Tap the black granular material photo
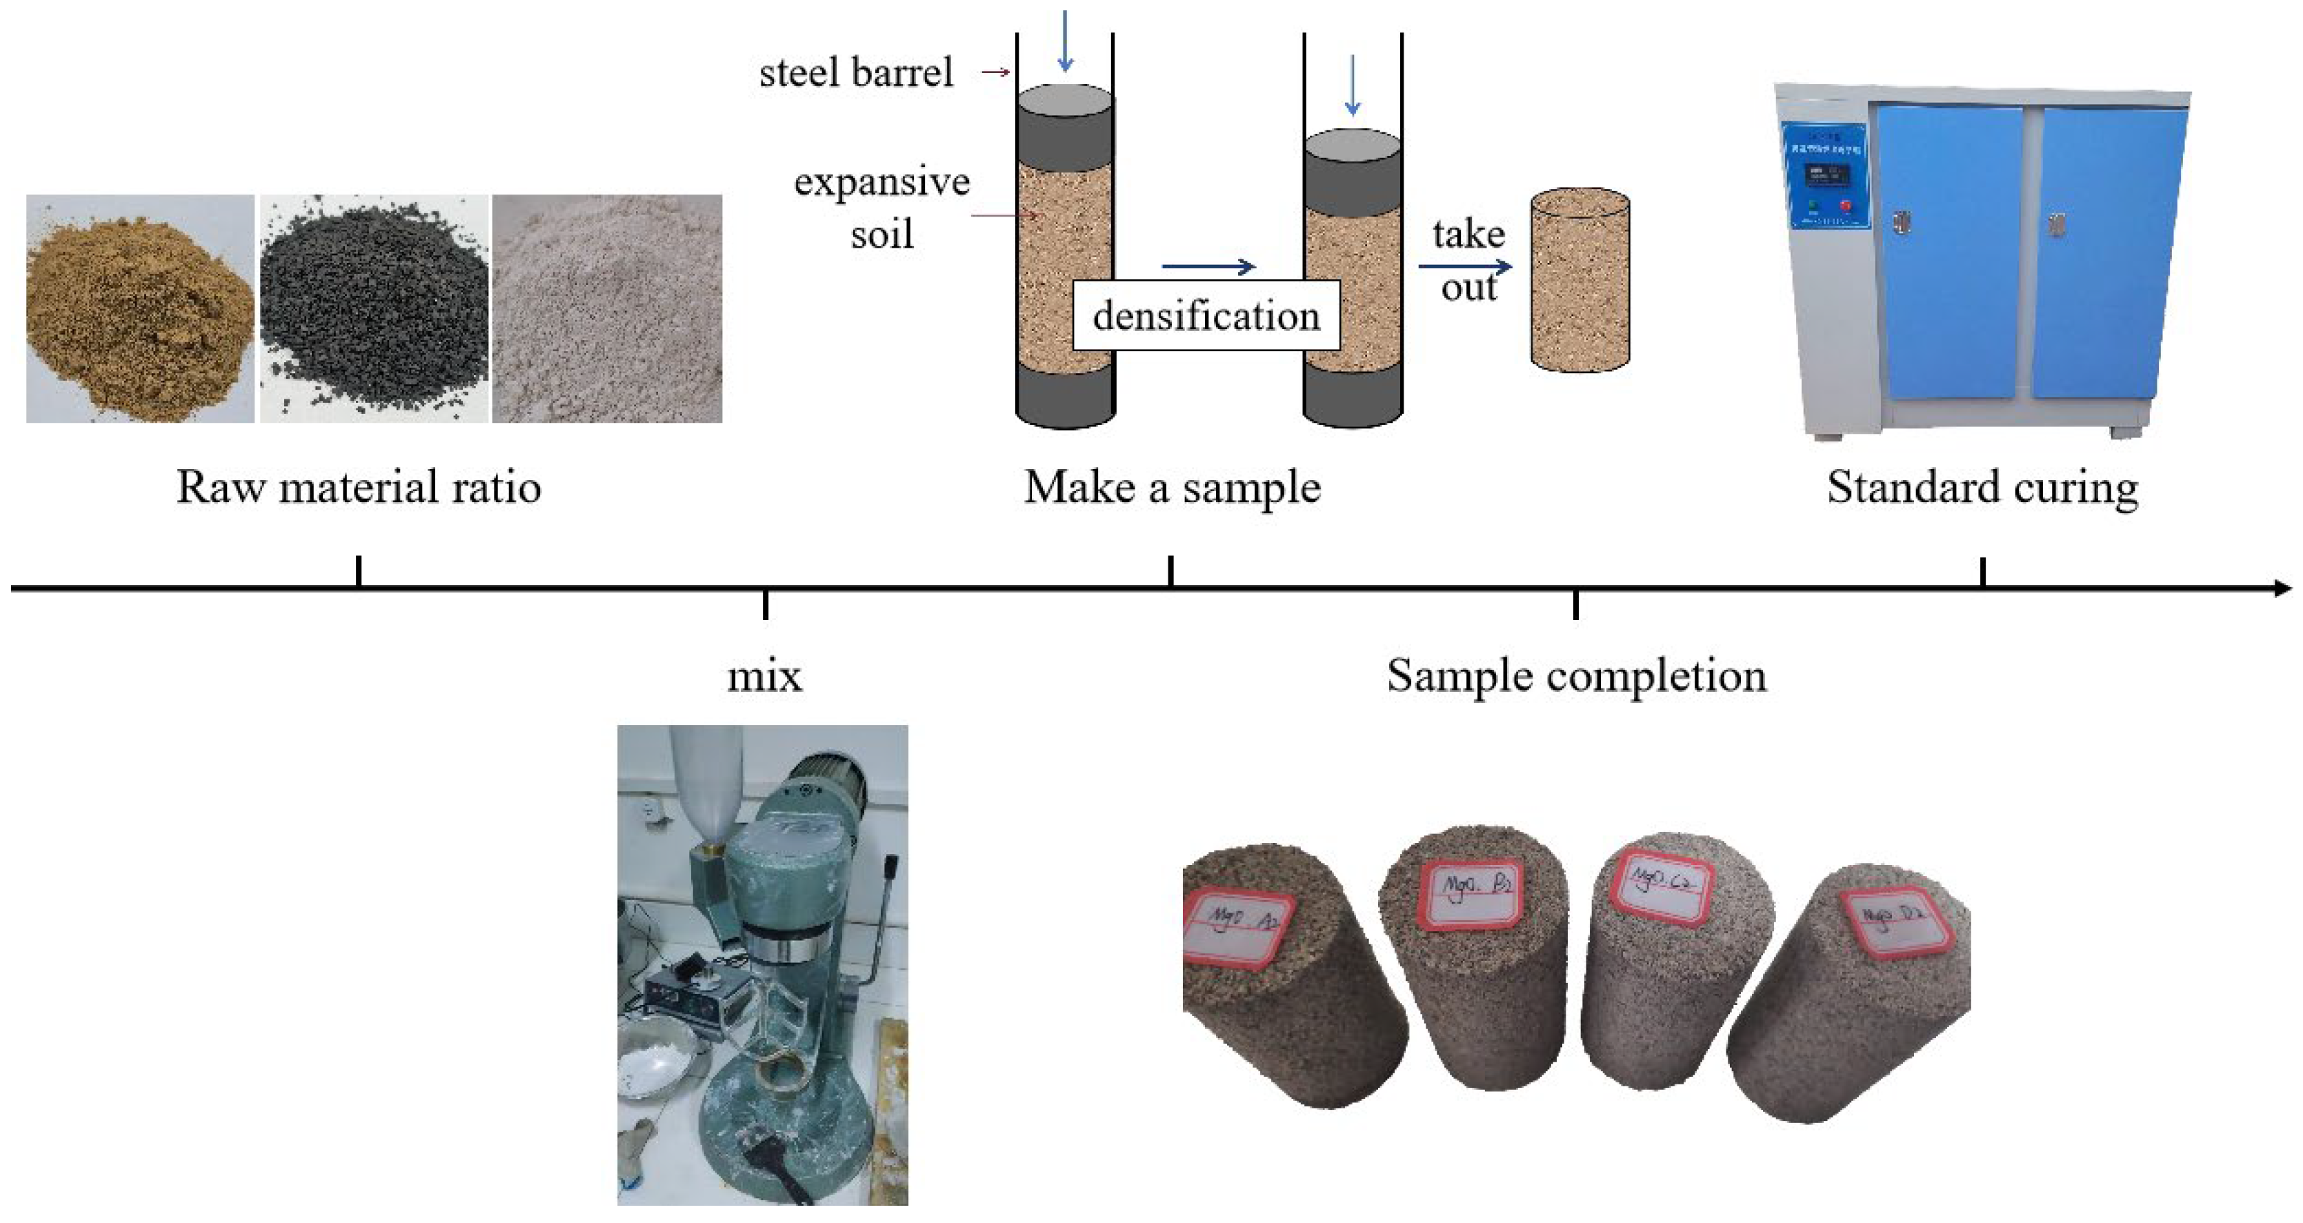point(374,308)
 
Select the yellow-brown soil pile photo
point(141,308)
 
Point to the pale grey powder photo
point(607,308)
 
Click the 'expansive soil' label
point(881,208)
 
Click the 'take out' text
point(1468,260)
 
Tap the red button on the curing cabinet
point(1845,206)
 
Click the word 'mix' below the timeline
point(764,676)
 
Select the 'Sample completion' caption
point(1576,676)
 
